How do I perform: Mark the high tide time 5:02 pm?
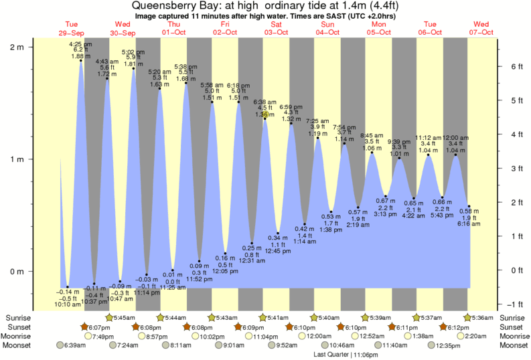[132, 52]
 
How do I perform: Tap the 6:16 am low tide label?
[469, 224]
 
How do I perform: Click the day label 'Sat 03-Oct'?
[276, 28]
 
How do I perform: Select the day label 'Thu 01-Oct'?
[173, 28]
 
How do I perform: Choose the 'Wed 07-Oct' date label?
[481, 28]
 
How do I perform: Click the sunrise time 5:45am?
[123, 317]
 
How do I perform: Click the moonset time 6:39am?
[72, 346]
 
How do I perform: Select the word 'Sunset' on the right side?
[512, 327]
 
